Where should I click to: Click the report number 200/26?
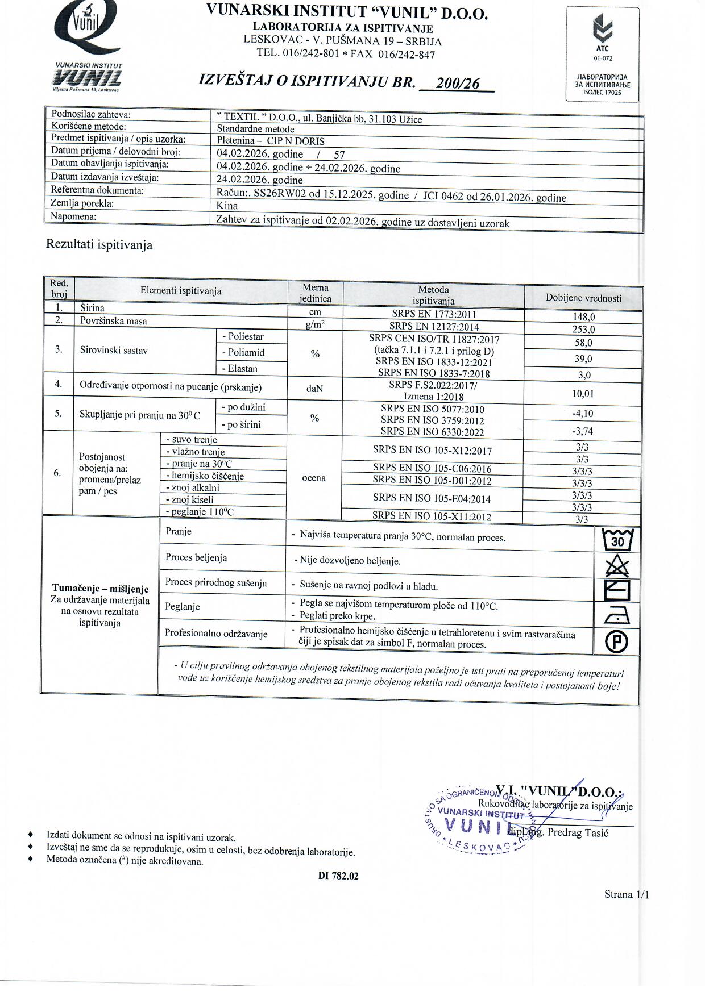(x=458, y=84)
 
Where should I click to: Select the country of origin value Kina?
(x=227, y=206)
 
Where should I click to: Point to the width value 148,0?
(x=584, y=318)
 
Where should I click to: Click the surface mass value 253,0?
(x=584, y=330)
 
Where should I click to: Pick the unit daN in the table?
(x=314, y=389)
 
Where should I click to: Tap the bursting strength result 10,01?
(x=583, y=394)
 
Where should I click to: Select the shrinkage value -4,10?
(x=583, y=414)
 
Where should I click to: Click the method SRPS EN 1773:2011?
(x=433, y=314)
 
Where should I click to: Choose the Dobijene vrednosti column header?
(x=584, y=298)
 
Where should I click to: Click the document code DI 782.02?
(x=338, y=876)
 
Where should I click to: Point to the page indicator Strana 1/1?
(x=627, y=894)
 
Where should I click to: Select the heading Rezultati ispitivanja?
(x=99, y=245)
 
